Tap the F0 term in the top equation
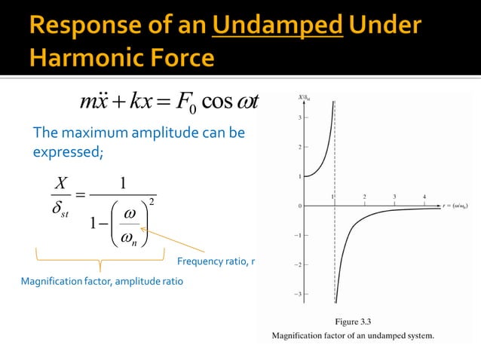[186, 100]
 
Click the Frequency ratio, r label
[216, 261]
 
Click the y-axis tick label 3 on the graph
[299, 117]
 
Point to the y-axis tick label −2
[297, 264]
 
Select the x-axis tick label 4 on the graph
[424, 196]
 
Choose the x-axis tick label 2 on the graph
[364, 196]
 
